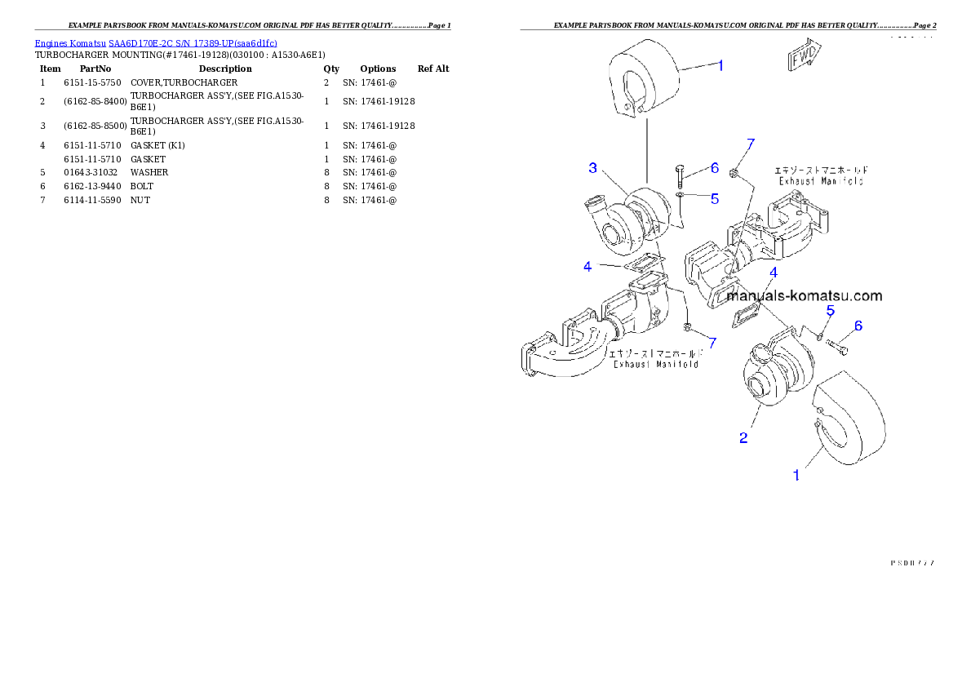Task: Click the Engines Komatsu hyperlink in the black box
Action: click(x=156, y=43)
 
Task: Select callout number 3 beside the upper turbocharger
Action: click(x=593, y=168)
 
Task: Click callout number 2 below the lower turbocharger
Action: click(x=743, y=438)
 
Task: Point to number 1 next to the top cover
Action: click(x=720, y=66)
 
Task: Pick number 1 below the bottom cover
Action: click(x=797, y=474)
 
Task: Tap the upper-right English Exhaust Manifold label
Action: click(x=819, y=181)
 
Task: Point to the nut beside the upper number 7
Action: click(x=734, y=172)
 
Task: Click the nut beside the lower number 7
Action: click(x=688, y=328)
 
